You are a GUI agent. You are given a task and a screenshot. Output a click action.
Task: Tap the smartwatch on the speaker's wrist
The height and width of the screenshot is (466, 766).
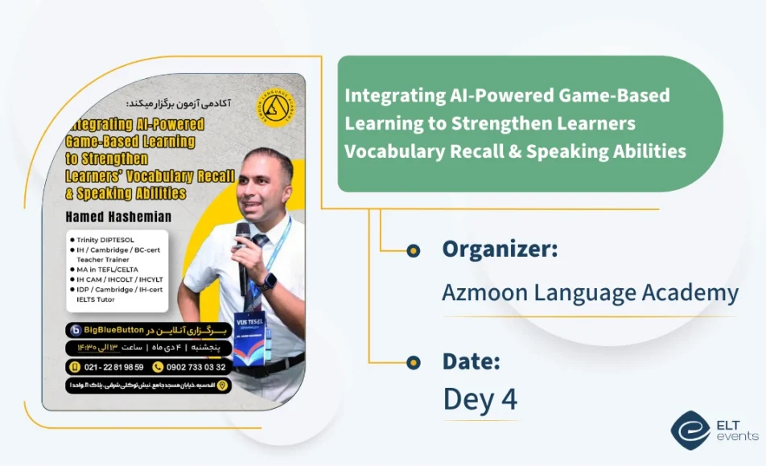click(x=270, y=281)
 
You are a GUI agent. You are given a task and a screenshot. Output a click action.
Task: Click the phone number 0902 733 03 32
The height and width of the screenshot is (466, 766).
click(x=196, y=367)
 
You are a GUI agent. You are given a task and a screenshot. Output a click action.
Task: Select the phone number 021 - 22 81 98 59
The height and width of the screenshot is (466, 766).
click(x=113, y=367)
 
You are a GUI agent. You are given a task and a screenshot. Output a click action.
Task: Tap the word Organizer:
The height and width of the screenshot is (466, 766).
click(x=500, y=249)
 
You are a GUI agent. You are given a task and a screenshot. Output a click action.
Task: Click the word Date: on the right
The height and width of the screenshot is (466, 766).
click(x=472, y=361)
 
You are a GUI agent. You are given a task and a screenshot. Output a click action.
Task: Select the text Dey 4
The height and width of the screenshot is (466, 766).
click(x=480, y=399)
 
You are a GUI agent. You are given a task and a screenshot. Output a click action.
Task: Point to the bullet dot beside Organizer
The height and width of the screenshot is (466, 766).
click(x=414, y=250)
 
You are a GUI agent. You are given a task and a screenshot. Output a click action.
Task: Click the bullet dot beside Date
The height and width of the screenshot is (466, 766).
click(x=414, y=362)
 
